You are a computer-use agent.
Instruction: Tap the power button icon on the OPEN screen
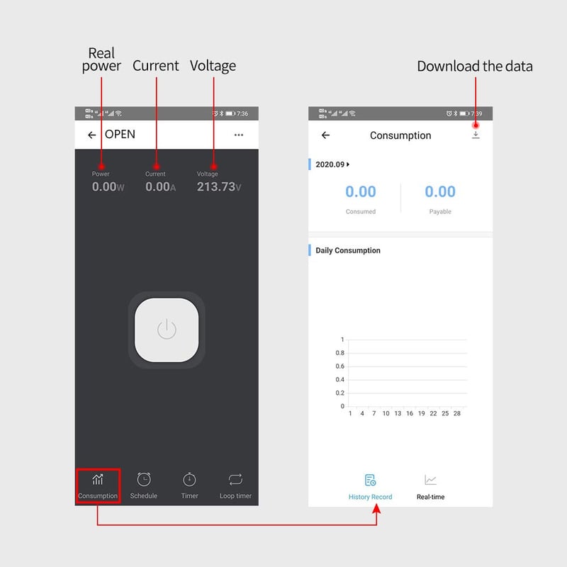[x=167, y=329]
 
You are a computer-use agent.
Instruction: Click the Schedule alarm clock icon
[x=144, y=480]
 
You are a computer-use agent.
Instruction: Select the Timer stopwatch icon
[x=189, y=480]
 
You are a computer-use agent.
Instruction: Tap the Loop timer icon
[x=235, y=480]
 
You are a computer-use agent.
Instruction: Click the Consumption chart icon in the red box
[x=98, y=479]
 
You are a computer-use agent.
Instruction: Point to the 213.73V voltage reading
[x=219, y=186]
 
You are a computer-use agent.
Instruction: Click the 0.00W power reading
[x=108, y=186]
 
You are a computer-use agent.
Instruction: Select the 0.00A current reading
[x=161, y=186]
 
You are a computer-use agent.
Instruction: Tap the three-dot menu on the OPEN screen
[x=239, y=135]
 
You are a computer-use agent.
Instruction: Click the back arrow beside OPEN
[x=92, y=135]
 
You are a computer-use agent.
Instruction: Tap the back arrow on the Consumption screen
[x=325, y=135]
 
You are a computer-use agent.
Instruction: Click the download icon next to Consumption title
[x=476, y=135]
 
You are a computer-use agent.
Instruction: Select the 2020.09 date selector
[x=332, y=164]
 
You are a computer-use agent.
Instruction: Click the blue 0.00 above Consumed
[x=361, y=191]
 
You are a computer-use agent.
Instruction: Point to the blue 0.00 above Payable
[x=440, y=191]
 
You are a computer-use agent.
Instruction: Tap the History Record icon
[x=370, y=481]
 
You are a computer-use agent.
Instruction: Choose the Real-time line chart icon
[x=430, y=480]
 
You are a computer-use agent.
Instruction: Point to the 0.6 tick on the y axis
[x=340, y=366]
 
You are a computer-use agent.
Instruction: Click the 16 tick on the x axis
[x=410, y=413]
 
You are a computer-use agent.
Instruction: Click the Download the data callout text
[x=475, y=66]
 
